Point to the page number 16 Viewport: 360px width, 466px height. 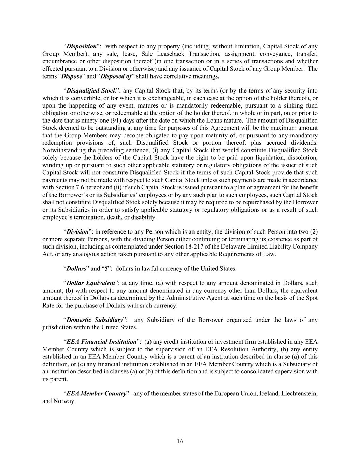(x=180, y=441)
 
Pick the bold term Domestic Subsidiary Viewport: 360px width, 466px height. (x=95, y=320)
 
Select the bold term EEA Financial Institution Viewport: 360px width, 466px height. (x=101, y=342)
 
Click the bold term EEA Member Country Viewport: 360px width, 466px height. (x=96, y=393)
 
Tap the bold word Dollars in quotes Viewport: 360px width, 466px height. (x=76, y=269)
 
